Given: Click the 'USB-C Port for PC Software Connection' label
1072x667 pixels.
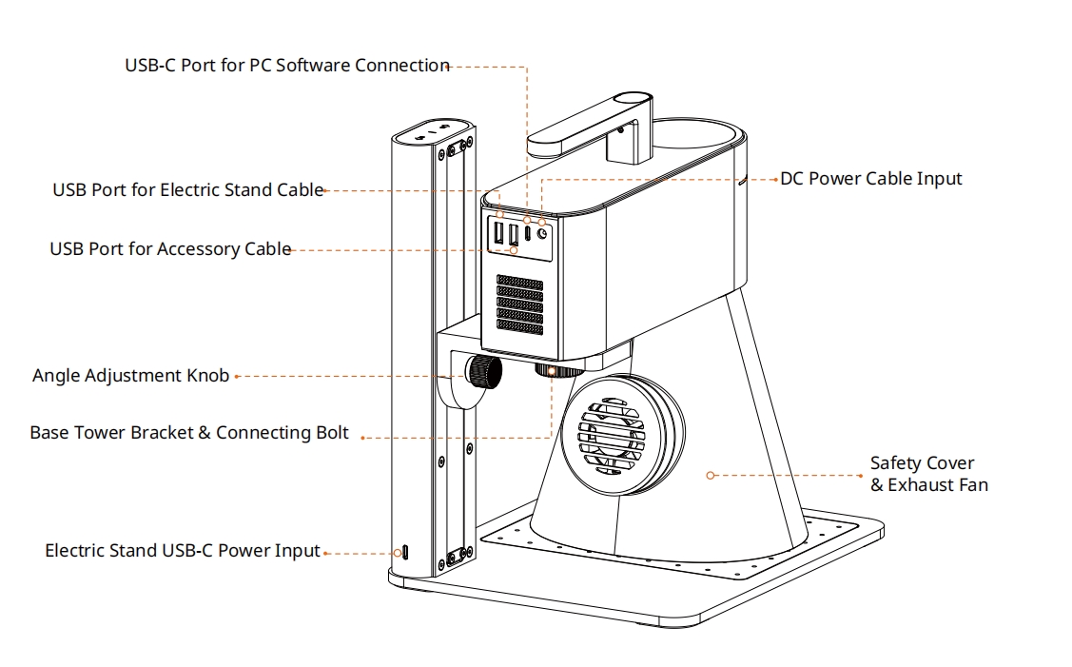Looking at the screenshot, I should (x=286, y=66).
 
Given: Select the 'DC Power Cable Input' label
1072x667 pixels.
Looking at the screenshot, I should (x=870, y=179).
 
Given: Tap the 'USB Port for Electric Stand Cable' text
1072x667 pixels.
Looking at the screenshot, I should (x=187, y=190).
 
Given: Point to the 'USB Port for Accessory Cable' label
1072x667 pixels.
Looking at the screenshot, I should (x=170, y=249).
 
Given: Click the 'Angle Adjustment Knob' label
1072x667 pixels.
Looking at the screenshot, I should (x=130, y=376).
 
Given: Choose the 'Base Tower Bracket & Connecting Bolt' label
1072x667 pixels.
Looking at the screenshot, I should (x=188, y=433).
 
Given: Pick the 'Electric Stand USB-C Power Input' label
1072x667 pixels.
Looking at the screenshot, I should (x=182, y=551).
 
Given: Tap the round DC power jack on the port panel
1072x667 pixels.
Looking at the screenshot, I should (x=543, y=232).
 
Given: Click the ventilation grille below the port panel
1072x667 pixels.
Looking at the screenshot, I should (x=518, y=304).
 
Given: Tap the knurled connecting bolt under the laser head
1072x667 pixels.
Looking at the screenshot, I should (x=551, y=369).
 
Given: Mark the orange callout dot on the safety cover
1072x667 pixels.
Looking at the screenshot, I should (x=710, y=474).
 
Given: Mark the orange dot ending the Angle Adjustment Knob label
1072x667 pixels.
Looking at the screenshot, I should (x=237, y=377).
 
